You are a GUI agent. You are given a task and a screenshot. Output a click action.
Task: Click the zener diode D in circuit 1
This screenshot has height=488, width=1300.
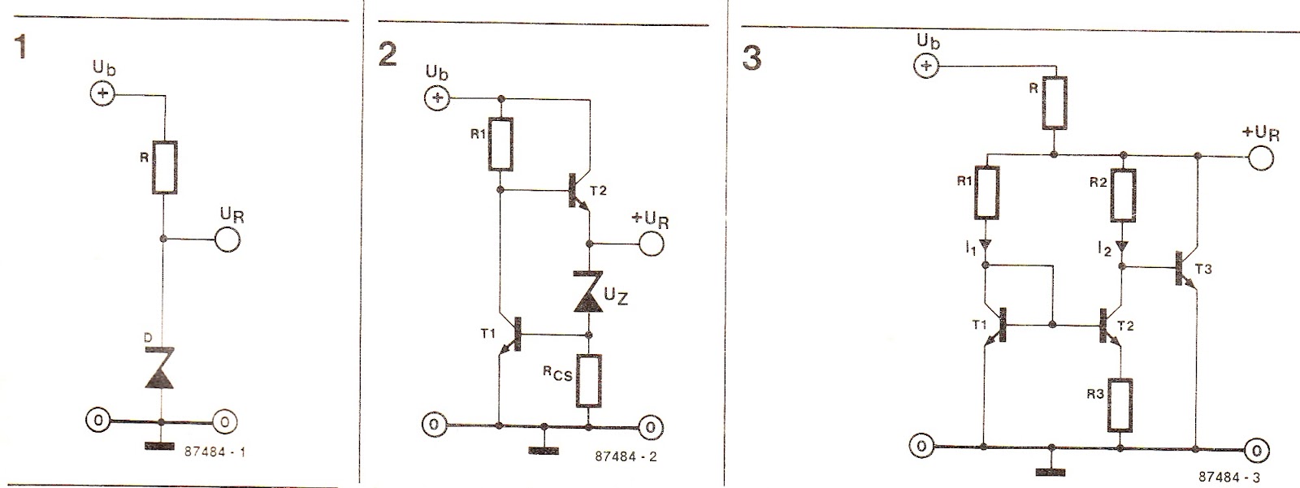pos(160,367)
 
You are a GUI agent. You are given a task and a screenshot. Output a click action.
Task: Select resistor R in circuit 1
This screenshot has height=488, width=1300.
pos(165,167)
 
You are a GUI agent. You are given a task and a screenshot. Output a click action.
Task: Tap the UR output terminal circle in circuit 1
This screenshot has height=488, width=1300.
pos(227,239)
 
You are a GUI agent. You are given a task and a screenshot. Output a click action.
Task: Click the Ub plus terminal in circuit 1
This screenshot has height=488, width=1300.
pos(103,93)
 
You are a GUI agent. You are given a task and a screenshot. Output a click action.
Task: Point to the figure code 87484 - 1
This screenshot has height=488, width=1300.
pos(214,451)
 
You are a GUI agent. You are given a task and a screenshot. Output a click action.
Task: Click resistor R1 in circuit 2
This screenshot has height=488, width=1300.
pos(501,145)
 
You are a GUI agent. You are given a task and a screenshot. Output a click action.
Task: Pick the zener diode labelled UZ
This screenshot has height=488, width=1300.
pos(590,292)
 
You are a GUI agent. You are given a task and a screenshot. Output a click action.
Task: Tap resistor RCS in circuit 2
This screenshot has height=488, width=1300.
pos(589,381)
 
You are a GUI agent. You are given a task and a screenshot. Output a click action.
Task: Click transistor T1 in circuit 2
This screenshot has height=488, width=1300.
pos(511,335)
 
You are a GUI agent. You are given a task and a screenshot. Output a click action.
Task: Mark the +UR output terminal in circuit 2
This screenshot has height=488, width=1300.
pos(651,244)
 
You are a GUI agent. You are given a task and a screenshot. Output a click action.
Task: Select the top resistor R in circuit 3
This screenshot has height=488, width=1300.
pos(1055,102)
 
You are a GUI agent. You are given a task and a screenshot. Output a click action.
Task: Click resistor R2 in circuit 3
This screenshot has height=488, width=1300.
pos(1124,195)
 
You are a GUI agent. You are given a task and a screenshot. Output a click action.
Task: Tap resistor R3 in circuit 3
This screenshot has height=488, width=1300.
pos(1120,406)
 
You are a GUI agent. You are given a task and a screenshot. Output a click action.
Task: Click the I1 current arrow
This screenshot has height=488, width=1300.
pos(986,245)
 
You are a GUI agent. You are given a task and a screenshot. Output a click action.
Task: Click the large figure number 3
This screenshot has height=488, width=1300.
pos(752,58)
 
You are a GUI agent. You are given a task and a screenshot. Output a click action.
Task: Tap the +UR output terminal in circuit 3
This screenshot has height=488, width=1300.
pos(1260,157)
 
